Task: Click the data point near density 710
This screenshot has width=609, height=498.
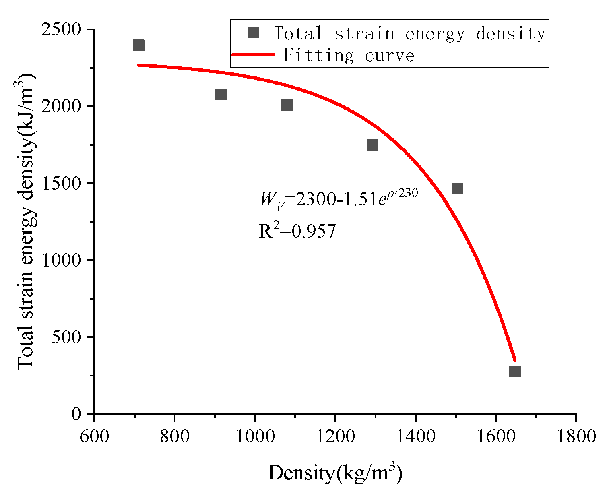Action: point(138,45)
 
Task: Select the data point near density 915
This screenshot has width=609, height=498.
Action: point(221,95)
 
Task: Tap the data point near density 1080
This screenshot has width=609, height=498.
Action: point(287,105)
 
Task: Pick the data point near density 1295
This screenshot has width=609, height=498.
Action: point(373,145)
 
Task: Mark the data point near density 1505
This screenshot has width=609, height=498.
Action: point(457,188)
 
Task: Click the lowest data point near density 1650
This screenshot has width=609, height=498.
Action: point(515,371)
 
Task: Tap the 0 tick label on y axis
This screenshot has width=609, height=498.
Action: point(76,414)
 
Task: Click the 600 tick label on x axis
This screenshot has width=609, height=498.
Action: point(94,436)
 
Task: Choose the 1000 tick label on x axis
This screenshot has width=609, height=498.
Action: point(255,436)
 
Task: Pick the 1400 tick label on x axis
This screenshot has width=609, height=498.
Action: point(415,436)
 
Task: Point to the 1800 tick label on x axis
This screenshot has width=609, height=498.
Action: point(576,436)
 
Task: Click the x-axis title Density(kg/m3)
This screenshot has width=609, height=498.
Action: point(335,473)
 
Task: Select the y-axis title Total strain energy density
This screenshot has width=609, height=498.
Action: point(26,221)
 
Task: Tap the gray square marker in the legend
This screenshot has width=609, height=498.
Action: point(253,33)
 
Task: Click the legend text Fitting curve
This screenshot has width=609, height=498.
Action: point(349,56)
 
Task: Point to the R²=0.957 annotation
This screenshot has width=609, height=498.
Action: point(297,231)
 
